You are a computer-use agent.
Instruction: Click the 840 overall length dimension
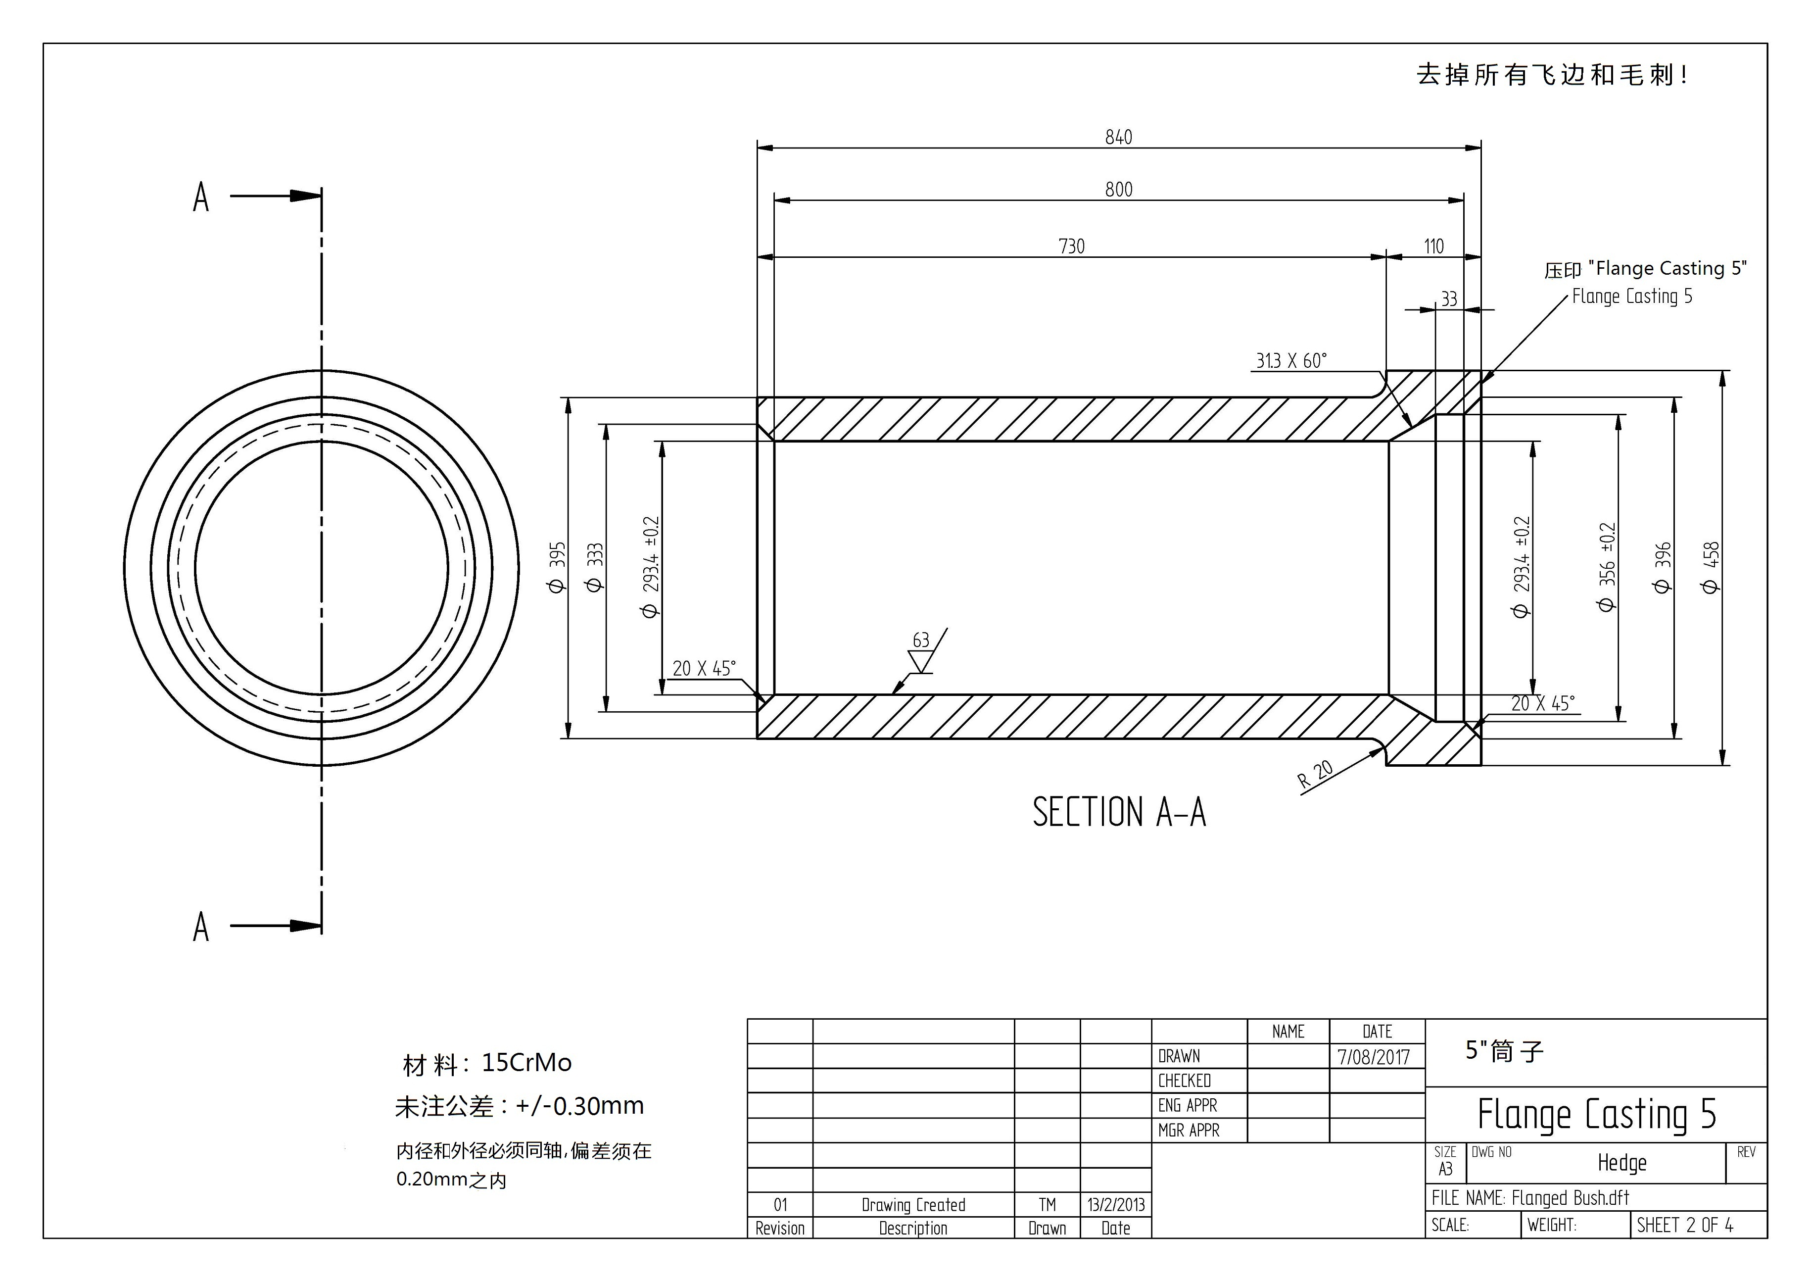[x=1118, y=137]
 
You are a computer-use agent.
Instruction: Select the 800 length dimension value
[x=1118, y=189]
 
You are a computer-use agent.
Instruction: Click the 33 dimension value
[x=1449, y=299]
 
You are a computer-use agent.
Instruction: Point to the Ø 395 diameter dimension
[x=557, y=567]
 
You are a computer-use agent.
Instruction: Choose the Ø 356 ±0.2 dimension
[x=1607, y=567]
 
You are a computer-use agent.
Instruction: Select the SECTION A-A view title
[x=1118, y=812]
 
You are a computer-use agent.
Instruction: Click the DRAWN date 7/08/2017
[x=1373, y=1057]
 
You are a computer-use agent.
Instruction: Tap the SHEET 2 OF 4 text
[x=1685, y=1225]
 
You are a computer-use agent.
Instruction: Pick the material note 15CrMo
[x=526, y=1063]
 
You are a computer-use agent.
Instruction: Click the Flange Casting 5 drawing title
[x=1596, y=1114]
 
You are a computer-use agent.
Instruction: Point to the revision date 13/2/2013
[x=1115, y=1204]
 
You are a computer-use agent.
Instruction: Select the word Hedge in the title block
[x=1621, y=1163]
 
